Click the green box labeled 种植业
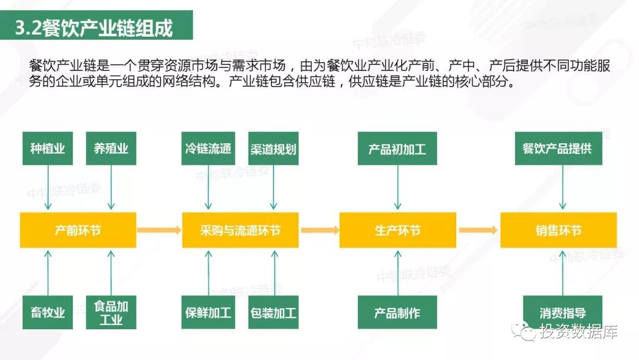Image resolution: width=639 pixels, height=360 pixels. tap(47, 148)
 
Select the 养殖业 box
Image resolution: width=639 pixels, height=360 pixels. tap(111, 148)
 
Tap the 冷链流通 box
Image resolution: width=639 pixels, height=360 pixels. tap(208, 148)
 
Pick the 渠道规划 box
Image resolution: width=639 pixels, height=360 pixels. tap(273, 148)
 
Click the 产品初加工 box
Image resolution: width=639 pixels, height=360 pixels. tap(397, 148)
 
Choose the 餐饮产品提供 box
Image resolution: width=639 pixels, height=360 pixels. tap(558, 148)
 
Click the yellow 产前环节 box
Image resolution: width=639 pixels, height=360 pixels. tap(78, 230)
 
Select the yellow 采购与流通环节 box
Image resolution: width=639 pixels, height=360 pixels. tap(240, 230)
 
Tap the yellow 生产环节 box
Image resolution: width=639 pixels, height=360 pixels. tap(398, 230)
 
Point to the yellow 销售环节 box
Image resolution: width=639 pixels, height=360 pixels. tap(559, 230)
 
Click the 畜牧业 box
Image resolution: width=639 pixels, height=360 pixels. tap(47, 312)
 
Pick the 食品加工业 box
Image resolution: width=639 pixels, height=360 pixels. tap(111, 312)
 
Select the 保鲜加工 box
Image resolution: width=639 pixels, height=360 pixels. tap(208, 312)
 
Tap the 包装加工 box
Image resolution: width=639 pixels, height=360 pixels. tap(273, 312)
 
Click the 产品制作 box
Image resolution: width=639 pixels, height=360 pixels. tap(397, 312)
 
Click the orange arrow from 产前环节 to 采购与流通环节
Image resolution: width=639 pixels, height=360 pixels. tap(159, 230)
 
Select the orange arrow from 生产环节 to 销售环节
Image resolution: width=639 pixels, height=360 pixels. tap(478, 230)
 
